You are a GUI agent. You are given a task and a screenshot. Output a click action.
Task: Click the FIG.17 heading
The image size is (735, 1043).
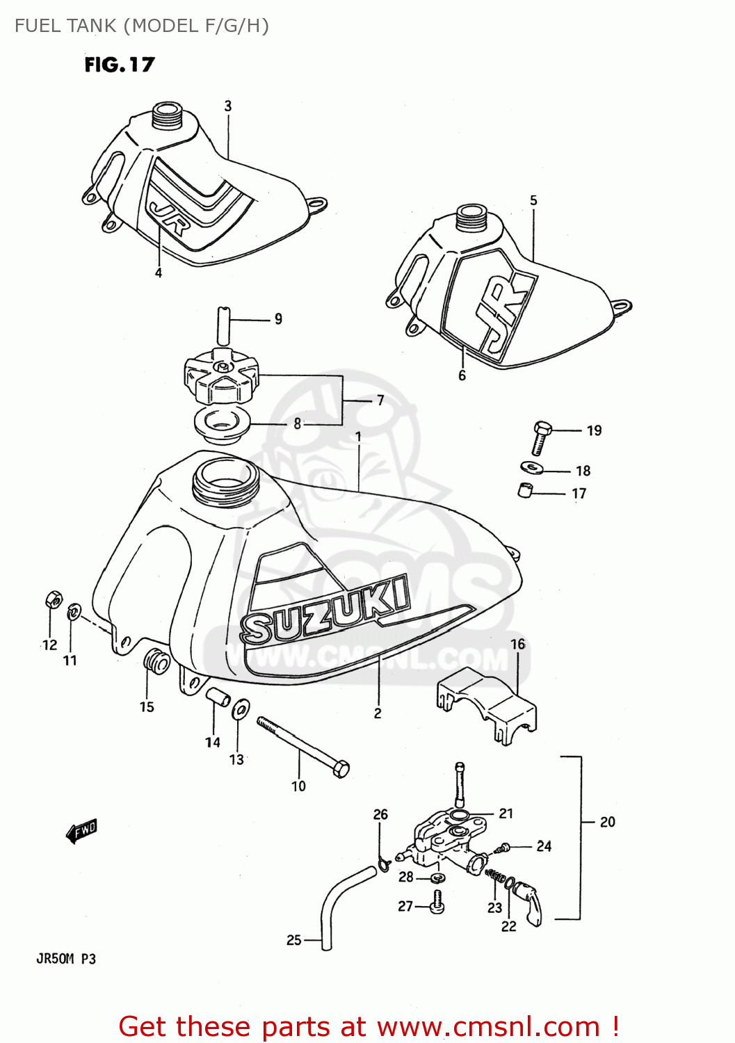(x=119, y=65)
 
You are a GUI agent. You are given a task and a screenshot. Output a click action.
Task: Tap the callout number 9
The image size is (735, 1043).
(x=278, y=319)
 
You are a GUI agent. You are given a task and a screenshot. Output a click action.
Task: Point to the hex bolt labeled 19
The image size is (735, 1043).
(x=541, y=437)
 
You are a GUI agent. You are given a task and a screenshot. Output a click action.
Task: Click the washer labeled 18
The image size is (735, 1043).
(x=532, y=467)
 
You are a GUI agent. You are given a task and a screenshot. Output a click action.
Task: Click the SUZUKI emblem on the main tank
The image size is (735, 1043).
(x=324, y=610)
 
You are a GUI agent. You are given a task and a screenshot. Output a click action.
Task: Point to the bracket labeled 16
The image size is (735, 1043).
(x=487, y=702)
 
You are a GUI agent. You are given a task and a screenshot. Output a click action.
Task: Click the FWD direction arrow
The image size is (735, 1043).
(x=81, y=830)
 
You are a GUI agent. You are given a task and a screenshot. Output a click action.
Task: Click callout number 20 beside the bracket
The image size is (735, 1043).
(x=607, y=823)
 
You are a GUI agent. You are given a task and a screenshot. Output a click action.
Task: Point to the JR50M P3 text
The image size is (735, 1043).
(x=66, y=959)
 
